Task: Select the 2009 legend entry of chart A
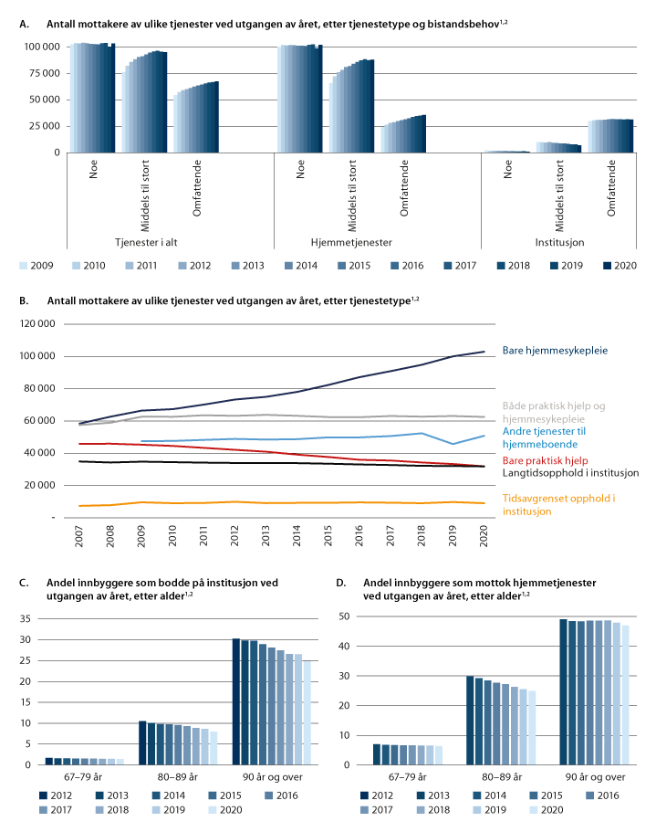coord(26,267)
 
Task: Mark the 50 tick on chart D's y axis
coord(346,617)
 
